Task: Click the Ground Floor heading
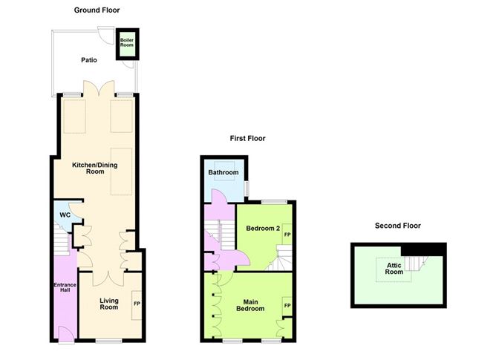point(97,10)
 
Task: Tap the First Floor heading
point(248,138)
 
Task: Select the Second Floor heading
point(398,226)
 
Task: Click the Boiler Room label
point(127,42)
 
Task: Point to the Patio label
point(89,60)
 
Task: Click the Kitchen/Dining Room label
point(95,168)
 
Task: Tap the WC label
point(65,215)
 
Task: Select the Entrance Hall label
point(65,287)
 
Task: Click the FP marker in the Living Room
point(137,304)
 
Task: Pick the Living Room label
point(109,304)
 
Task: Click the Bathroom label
point(223,172)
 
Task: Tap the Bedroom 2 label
point(263,228)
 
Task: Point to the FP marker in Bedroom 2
point(287,235)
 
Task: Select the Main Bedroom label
point(250,305)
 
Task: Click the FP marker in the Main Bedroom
point(287,306)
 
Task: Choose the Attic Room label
point(394,268)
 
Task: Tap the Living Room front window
point(109,341)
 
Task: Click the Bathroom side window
point(247,189)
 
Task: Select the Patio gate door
point(106,36)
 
